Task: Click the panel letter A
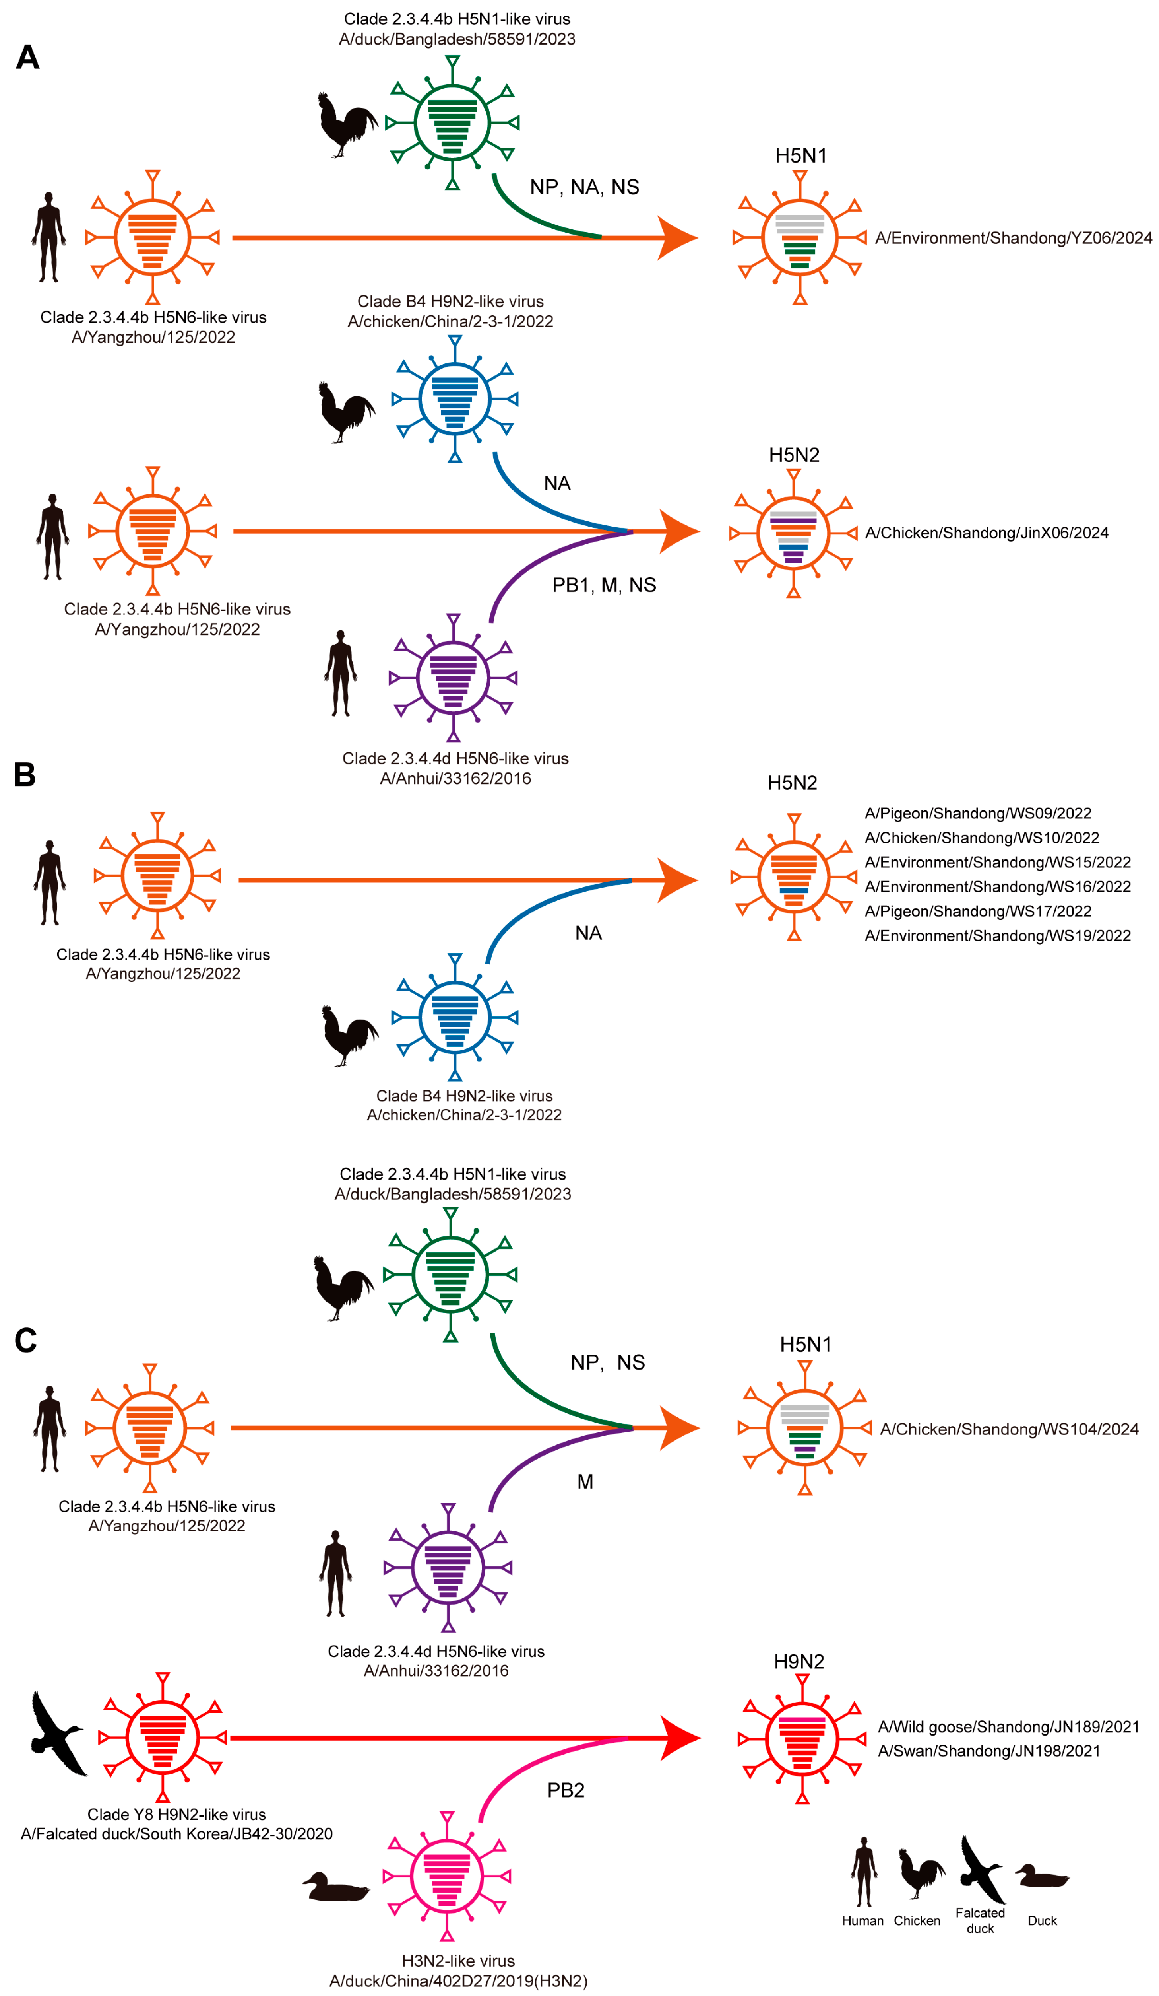coord(28,57)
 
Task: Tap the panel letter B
coord(25,775)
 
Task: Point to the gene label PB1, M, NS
coord(604,585)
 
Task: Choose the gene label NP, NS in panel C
coord(607,1362)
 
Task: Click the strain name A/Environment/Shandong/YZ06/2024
coord(1014,238)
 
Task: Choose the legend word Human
coord(862,1921)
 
